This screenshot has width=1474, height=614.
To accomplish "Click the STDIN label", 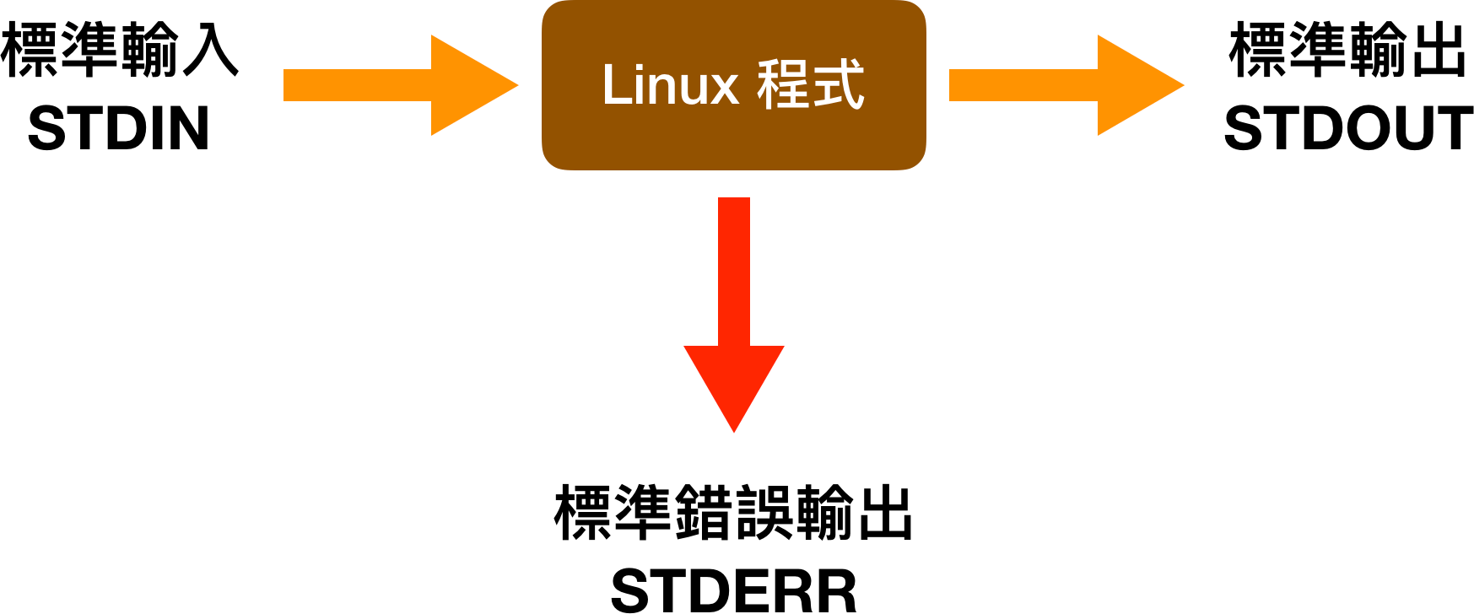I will pyautogui.click(x=118, y=129).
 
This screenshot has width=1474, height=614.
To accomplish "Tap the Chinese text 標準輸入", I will pyautogui.click(x=120, y=51).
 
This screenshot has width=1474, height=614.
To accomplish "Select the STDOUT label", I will pyautogui.click(x=1347, y=129).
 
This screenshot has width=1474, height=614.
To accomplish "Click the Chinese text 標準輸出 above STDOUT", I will pyautogui.click(x=1347, y=51).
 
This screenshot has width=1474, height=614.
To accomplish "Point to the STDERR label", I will pyautogui.click(x=733, y=590).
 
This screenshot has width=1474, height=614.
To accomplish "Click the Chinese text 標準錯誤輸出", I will pyautogui.click(x=733, y=513).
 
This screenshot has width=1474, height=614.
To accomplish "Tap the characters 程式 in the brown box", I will pyautogui.click(x=811, y=86).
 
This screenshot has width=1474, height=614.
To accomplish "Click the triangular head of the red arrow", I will pyautogui.click(x=734, y=380).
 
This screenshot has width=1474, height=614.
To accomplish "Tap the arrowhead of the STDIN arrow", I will pyautogui.click(x=468, y=85).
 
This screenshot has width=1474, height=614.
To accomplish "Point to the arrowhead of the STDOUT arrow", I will pyautogui.click(x=1135, y=85).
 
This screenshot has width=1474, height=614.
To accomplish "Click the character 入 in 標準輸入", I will pyautogui.click(x=211, y=51).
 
